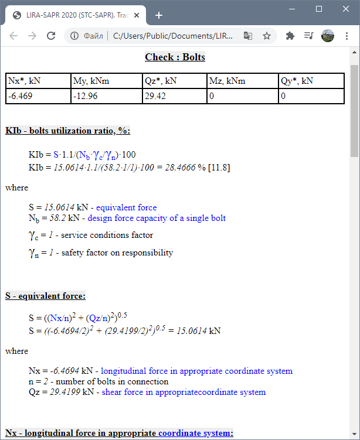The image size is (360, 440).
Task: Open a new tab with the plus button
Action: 158,15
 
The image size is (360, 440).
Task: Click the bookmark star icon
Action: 267,36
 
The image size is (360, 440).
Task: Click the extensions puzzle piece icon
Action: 290,36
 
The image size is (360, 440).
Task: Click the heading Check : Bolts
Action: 175,57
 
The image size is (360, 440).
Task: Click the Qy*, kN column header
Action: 297,81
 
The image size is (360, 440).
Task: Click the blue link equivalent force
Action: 126,207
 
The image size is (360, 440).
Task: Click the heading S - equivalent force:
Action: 46,296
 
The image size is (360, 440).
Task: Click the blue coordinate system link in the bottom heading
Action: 195,434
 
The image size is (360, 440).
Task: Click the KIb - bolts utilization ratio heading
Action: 68,130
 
